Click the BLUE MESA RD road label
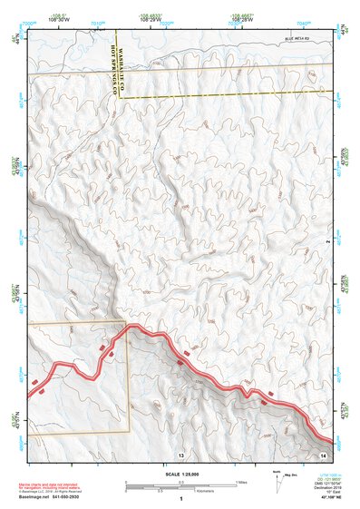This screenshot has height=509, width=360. pyautogui.click(x=297, y=39)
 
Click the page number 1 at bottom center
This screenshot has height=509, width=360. pyautogui.click(x=181, y=499)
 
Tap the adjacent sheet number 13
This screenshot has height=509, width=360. pyautogui.click(x=181, y=455)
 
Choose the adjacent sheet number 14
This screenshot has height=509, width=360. pyautogui.click(x=323, y=453)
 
